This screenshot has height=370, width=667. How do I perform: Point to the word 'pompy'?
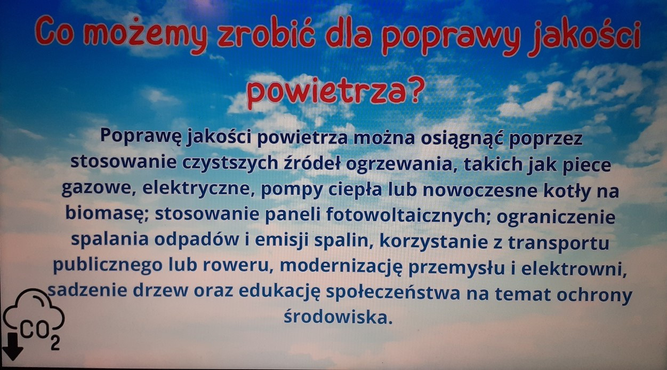pyautogui.click(x=292, y=190)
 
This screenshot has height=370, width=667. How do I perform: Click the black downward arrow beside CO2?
pyautogui.click(x=12, y=346)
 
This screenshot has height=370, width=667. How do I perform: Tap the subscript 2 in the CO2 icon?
pyautogui.click(x=55, y=343)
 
